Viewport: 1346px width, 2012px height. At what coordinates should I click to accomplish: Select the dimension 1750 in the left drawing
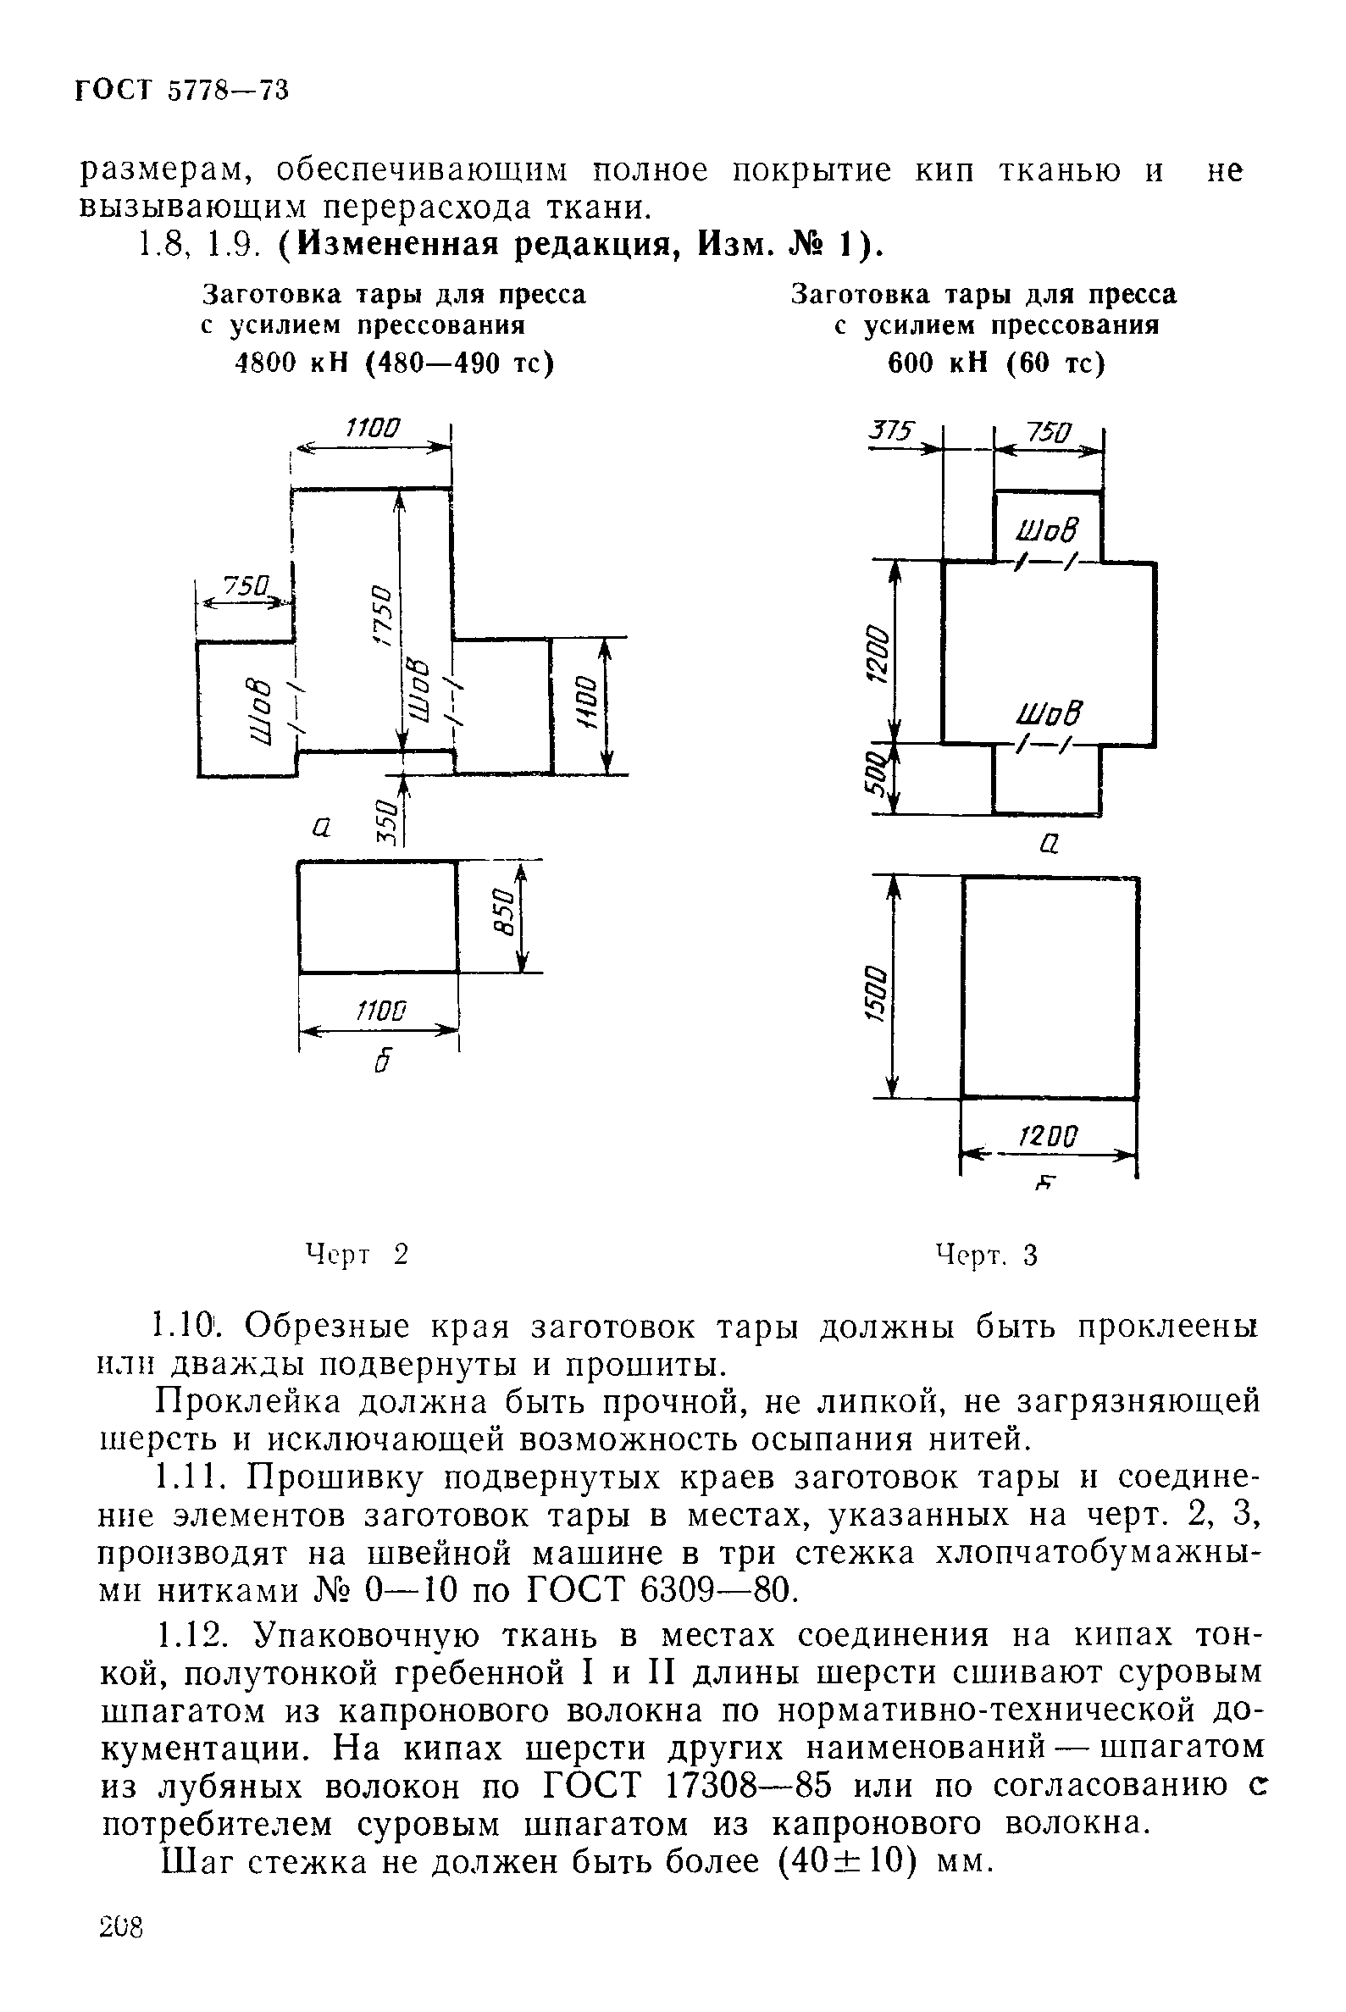pyautogui.click(x=383, y=616)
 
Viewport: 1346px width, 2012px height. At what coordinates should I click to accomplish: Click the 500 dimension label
pyautogui.click(x=874, y=775)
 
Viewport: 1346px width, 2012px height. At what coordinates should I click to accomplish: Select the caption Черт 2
pyautogui.click(x=357, y=1255)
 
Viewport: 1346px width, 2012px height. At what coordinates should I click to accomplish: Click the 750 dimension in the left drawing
pyautogui.click(x=246, y=586)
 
